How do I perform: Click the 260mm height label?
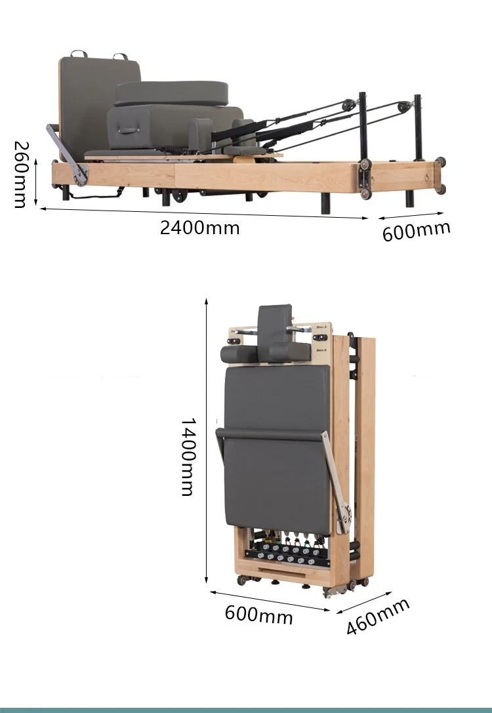(x=20, y=174)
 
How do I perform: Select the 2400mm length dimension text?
(x=200, y=228)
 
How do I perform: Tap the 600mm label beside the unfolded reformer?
(x=417, y=231)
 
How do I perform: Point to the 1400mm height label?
(x=188, y=457)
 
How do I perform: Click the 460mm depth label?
(x=378, y=616)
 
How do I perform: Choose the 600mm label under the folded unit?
(x=258, y=615)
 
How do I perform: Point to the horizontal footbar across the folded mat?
(x=269, y=434)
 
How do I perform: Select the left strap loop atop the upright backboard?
(x=79, y=54)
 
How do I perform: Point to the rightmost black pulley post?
(x=417, y=131)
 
